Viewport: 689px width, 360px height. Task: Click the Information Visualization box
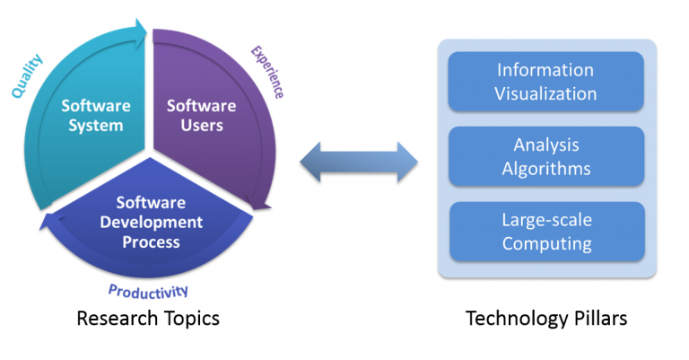click(x=545, y=82)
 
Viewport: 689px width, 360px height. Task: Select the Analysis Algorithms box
click(x=545, y=156)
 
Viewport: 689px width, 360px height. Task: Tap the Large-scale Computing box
click(x=545, y=232)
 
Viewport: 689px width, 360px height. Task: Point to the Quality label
click(x=26, y=74)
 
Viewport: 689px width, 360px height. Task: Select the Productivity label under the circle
click(x=148, y=290)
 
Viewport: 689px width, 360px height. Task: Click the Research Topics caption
click(x=148, y=319)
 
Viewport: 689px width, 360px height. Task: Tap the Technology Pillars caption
click(x=546, y=319)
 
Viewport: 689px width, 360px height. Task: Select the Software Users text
click(x=202, y=116)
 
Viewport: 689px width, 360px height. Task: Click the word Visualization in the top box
click(x=545, y=92)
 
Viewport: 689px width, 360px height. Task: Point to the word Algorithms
click(x=545, y=167)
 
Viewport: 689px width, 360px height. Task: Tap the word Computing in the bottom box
click(x=545, y=242)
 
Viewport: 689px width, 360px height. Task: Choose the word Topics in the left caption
click(x=189, y=319)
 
